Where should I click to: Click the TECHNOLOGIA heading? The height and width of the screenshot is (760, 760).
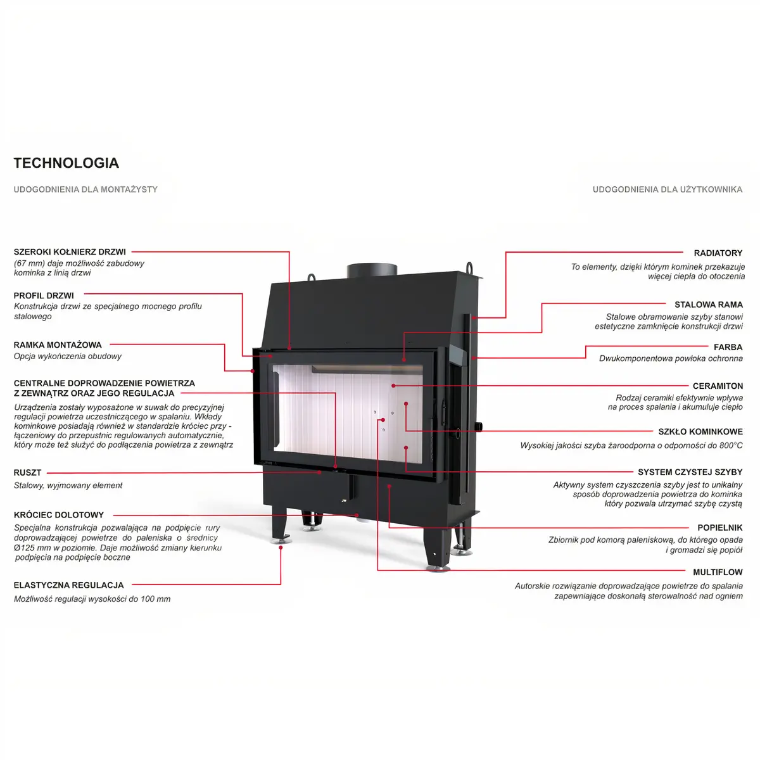pyautogui.click(x=66, y=163)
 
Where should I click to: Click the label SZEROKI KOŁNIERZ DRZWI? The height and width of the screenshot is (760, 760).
pyautogui.click(x=70, y=251)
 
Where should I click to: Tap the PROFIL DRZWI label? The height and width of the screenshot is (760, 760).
pyautogui.click(x=44, y=295)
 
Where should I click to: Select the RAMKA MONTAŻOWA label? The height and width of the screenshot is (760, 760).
pyautogui.click(x=58, y=345)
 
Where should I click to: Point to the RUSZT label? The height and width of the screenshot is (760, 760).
pyautogui.click(x=28, y=472)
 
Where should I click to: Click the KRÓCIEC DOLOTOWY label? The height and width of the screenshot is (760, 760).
pyautogui.click(x=59, y=515)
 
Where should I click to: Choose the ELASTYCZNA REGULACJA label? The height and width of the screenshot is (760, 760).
pyautogui.click(x=68, y=585)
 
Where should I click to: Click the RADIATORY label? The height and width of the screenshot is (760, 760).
pyautogui.click(x=718, y=253)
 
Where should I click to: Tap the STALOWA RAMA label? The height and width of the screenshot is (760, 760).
pyautogui.click(x=708, y=305)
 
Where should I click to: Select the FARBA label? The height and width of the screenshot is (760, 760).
pyautogui.click(x=728, y=347)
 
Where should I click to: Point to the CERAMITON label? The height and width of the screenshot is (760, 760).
pyautogui.click(x=718, y=386)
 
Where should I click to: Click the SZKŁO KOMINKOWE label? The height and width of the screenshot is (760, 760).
pyautogui.click(x=700, y=431)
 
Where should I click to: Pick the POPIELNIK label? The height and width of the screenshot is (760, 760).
pyautogui.click(x=719, y=528)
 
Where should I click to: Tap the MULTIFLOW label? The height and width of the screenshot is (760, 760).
pyautogui.click(x=718, y=572)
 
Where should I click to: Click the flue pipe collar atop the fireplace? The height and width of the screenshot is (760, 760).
pyautogui.click(x=372, y=271)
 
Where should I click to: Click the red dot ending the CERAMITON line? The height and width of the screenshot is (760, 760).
pyautogui.click(x=393, y=386)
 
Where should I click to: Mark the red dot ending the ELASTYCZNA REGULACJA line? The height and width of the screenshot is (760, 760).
pyautogui.click(x=281, y=548)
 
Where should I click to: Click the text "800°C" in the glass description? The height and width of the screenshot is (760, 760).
pyautogui.click(x=731, y=445)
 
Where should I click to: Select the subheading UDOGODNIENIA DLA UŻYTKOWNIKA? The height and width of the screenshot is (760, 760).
pyautogui.click(x=668, y=189)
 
